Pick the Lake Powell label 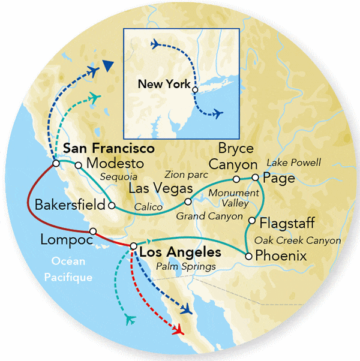(294, 163)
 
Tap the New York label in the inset (164, 84)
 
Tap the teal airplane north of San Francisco (94, 98)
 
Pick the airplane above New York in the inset (157, 44)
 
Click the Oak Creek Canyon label (298, 240)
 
